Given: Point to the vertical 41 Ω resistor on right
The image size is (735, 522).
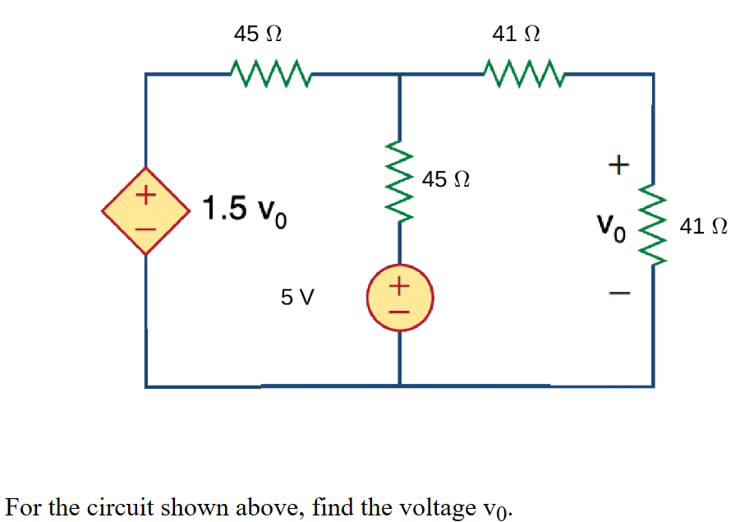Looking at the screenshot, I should pos(654,224).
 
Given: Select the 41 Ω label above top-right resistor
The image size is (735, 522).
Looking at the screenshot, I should pos(515,35).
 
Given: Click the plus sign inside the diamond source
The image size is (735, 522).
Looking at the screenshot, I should pos(146,196).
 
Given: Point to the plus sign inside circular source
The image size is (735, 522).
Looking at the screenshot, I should pos(399,286).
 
